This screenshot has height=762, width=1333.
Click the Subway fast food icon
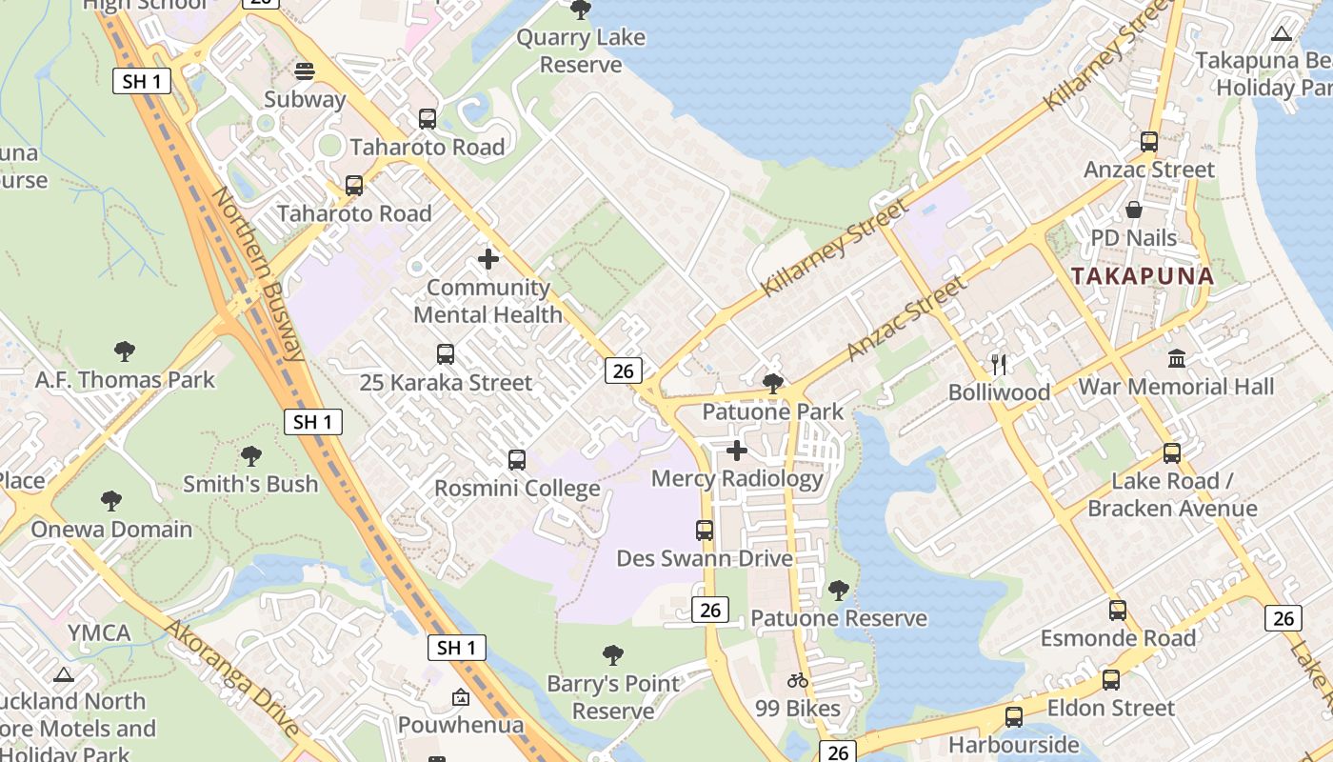pos(305,71)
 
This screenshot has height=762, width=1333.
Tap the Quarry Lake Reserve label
pos(580,51)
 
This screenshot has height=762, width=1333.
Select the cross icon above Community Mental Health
pos(488,259)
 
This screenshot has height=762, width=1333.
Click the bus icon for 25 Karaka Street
pos(446,354)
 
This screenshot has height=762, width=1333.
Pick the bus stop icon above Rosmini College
pos(517,460)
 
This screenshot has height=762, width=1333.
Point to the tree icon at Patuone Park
pos(773,384)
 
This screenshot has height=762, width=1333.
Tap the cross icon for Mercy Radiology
pos(737,451)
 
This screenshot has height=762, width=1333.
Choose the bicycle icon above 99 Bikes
pos(798,680)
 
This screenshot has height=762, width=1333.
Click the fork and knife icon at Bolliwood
pos(999,364)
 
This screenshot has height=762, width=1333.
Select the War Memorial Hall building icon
pos(1177,359)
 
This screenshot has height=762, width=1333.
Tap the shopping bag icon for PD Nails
pos(1134,210)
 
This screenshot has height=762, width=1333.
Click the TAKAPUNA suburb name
pos(1143,277)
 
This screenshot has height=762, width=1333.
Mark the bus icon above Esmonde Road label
pos(1118,610)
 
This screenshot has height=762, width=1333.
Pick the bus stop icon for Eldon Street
pos(1110,680)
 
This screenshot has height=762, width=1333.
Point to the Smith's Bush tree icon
pos(251,456)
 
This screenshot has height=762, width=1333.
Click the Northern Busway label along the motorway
pos(258,274)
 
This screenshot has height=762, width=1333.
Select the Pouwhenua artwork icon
pos(461,697)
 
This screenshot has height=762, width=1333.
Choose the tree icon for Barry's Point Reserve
pos(613,655)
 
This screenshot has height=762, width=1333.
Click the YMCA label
pos(99,632)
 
